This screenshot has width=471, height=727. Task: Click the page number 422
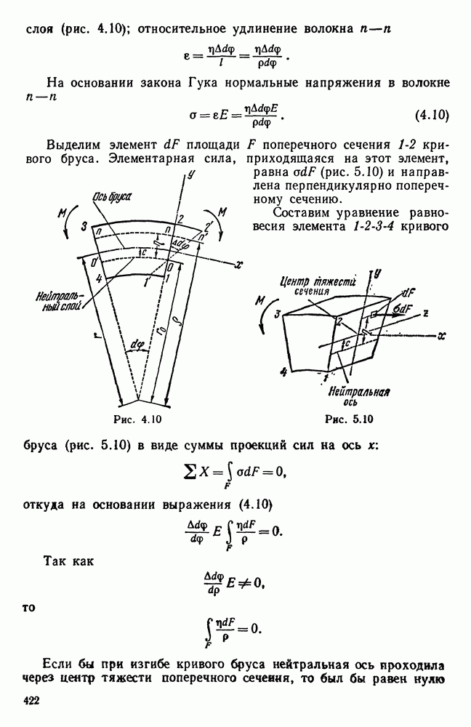[x=31, y=701]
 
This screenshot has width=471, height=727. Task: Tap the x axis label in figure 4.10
[x=238, y=267]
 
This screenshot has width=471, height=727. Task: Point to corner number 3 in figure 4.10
[x=85, y=228]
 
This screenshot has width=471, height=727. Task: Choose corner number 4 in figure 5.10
[x=283, y=371]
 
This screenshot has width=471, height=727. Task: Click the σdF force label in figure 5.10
[x=405, y=308]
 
